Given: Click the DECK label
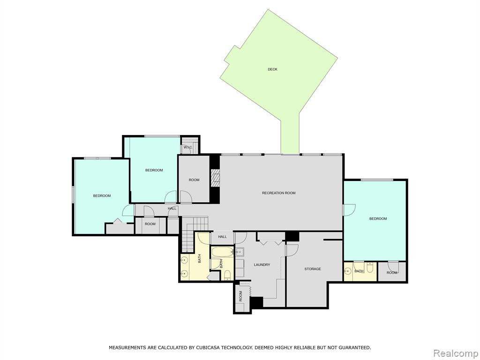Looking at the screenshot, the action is coord(272,69).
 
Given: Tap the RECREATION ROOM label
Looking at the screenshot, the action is coord(278,193).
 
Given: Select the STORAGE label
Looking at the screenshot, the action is coord(313,269).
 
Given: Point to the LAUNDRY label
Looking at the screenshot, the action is coord(262,264).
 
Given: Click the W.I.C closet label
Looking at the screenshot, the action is coord(187,148).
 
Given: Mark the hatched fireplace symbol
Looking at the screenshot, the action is coord(216,178).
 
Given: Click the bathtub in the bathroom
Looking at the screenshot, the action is coord(222,252).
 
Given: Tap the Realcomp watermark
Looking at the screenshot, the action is coord(455,353).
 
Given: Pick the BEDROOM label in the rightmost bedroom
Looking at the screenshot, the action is coord(378,218).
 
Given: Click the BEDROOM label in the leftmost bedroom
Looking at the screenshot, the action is coord(102,195).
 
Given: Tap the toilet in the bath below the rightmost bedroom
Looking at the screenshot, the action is coord(370,268).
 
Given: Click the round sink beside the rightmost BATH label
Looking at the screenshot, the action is coord(347,271).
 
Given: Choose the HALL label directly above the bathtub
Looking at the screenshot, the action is coord(222,237).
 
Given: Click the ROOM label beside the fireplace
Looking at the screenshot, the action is coord(194,180).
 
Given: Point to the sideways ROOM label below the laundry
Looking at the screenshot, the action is coord(240,296).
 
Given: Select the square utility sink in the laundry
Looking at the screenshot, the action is coord(240,252).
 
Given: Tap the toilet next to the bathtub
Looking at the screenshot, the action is coord(227,274).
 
